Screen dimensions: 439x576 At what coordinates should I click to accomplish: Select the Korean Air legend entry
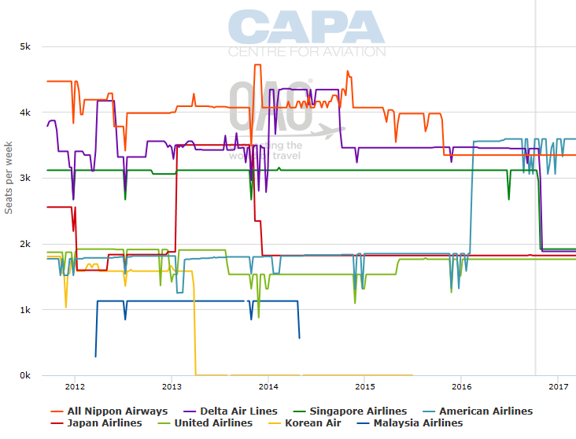coord(312,423)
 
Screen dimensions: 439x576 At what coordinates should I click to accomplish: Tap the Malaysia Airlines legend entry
coord(412,423)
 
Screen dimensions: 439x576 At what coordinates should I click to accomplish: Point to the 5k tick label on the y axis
coord(24,46)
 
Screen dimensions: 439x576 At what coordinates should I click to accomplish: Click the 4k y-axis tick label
coord(24,113)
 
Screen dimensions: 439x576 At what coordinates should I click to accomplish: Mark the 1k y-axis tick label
coord(24,310)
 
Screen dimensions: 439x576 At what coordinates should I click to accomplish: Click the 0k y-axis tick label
coord(24,376)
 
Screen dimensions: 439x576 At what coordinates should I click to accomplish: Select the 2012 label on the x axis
coord(75,387)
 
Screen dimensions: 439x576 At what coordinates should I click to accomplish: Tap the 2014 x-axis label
coord(268,387)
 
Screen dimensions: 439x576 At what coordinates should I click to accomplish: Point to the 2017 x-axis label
coord(558,387)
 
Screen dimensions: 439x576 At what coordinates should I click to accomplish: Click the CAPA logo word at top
coord(307,28)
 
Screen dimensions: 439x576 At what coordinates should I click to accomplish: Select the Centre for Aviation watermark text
coord(307,52)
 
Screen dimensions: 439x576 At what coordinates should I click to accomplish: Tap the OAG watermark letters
coord(271,106)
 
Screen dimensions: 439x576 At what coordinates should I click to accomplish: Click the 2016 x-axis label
coord(462,387)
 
